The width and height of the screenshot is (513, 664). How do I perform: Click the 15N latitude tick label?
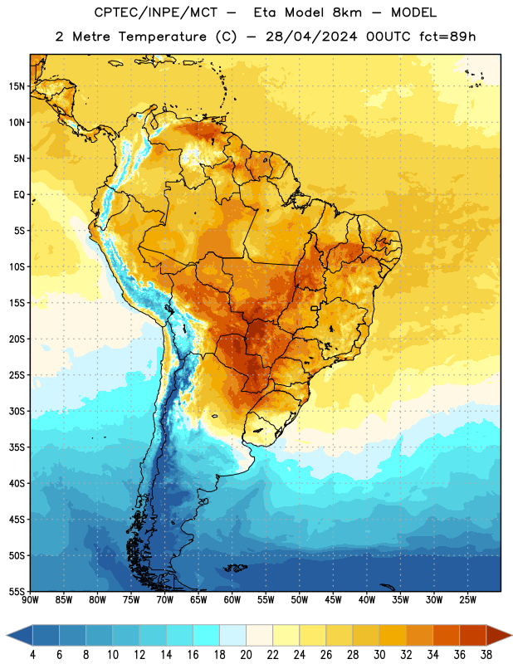pyautogui.click(x=17, y=86)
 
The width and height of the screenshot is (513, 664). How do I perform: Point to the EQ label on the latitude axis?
pyautogui.click(x=19, y=195)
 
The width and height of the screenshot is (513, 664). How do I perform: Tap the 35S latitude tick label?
pyautogui.click(x=17, y=447)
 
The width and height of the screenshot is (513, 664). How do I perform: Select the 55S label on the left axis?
pyautogui.click(x=17, y=591)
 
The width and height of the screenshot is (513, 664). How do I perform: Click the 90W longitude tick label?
pyautogui.click(x=30, y=600)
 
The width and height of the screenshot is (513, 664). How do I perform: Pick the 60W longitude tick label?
pyautogui.click(x=232, y=600)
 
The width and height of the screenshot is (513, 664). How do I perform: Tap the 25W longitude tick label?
pyautogui.click(x=467, y=600)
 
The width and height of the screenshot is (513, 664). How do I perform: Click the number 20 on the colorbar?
pyautogui.click(x=246, y=655)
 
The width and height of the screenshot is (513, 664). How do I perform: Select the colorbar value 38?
pyautogui.click(x=486, y=655)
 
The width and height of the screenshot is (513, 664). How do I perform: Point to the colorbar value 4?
pyautogui.click(x=32, y=655)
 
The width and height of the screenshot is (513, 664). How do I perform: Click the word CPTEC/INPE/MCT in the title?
pyautogui.click(x=155, y=12)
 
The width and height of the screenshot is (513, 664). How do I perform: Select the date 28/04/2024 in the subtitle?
pyautogui.click(x=311, y=37)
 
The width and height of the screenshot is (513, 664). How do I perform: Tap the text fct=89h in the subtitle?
pyautogui.click(x=447, y=37)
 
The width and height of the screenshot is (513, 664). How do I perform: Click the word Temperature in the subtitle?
pyautogui.click(x=162, y=37)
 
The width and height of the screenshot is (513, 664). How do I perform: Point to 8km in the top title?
pyautogui.click(x=347, y=12)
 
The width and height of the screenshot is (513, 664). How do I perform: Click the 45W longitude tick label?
pyautogui.click(x=334, y=600)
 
